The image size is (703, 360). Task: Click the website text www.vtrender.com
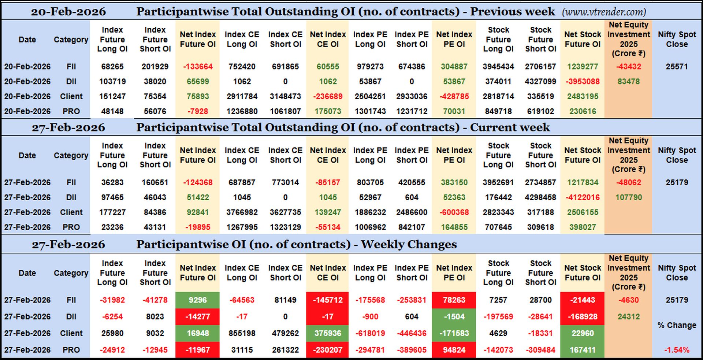[604, 12]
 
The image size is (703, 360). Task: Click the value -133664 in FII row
[198, 67]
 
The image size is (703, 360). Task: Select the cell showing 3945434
[498, 67]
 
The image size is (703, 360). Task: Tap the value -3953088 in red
[583, 82]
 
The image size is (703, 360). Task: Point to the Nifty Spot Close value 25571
[677, 67]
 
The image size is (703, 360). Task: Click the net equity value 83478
[628, 82]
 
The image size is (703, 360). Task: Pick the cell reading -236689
[328, 97]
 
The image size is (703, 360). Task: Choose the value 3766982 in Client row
[242, 212]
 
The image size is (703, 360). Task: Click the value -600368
[454, 212]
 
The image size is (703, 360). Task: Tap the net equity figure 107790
[628, 197]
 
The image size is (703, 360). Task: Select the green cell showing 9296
[198, 300]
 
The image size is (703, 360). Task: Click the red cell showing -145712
[328, 300]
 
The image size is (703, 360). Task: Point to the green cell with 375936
[328, 333]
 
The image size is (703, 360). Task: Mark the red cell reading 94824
[454, 350]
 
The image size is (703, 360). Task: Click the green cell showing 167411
[583, 350]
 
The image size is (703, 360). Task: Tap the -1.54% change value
[677, 350]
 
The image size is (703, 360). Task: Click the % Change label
[677, 325]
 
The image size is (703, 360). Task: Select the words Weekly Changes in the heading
[409, 244]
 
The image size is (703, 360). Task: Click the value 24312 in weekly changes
[628, 317]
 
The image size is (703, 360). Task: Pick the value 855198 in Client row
[242, 333]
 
